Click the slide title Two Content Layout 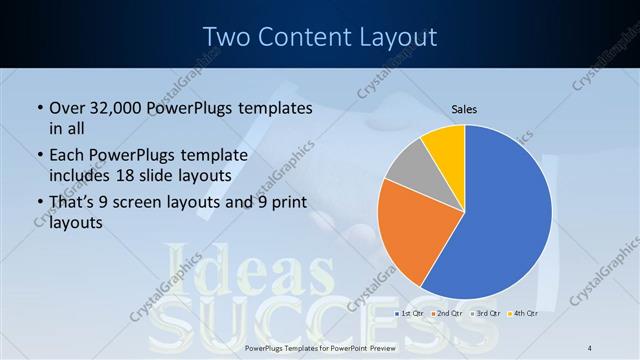[x=320, y=37]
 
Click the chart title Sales [x=464, y=108]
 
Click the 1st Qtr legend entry [x=411, y=313]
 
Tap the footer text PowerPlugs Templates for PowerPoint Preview [x=320, y=347]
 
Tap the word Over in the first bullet [x=67, y=107]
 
